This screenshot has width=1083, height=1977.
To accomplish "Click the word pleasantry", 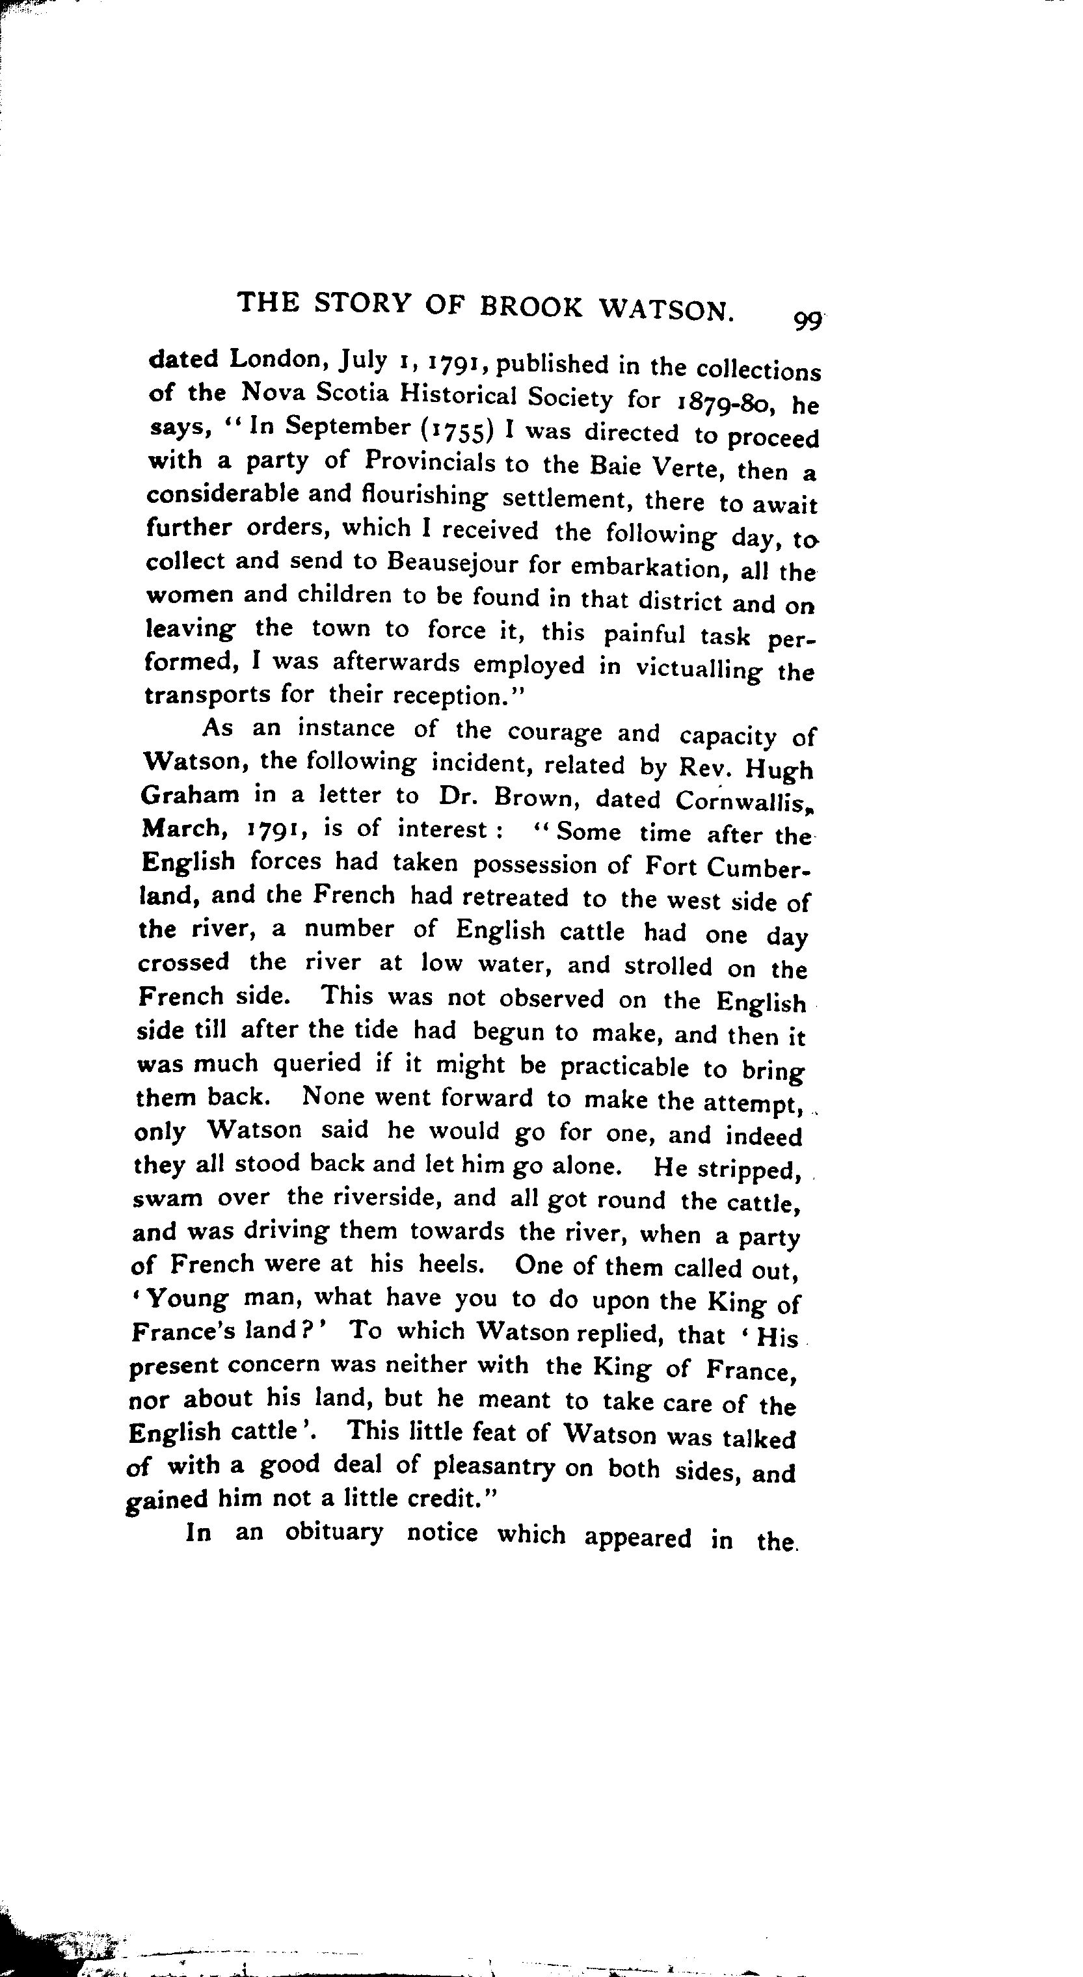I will (494, 1466).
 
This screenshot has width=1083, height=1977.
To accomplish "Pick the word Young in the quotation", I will (187, 1299).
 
